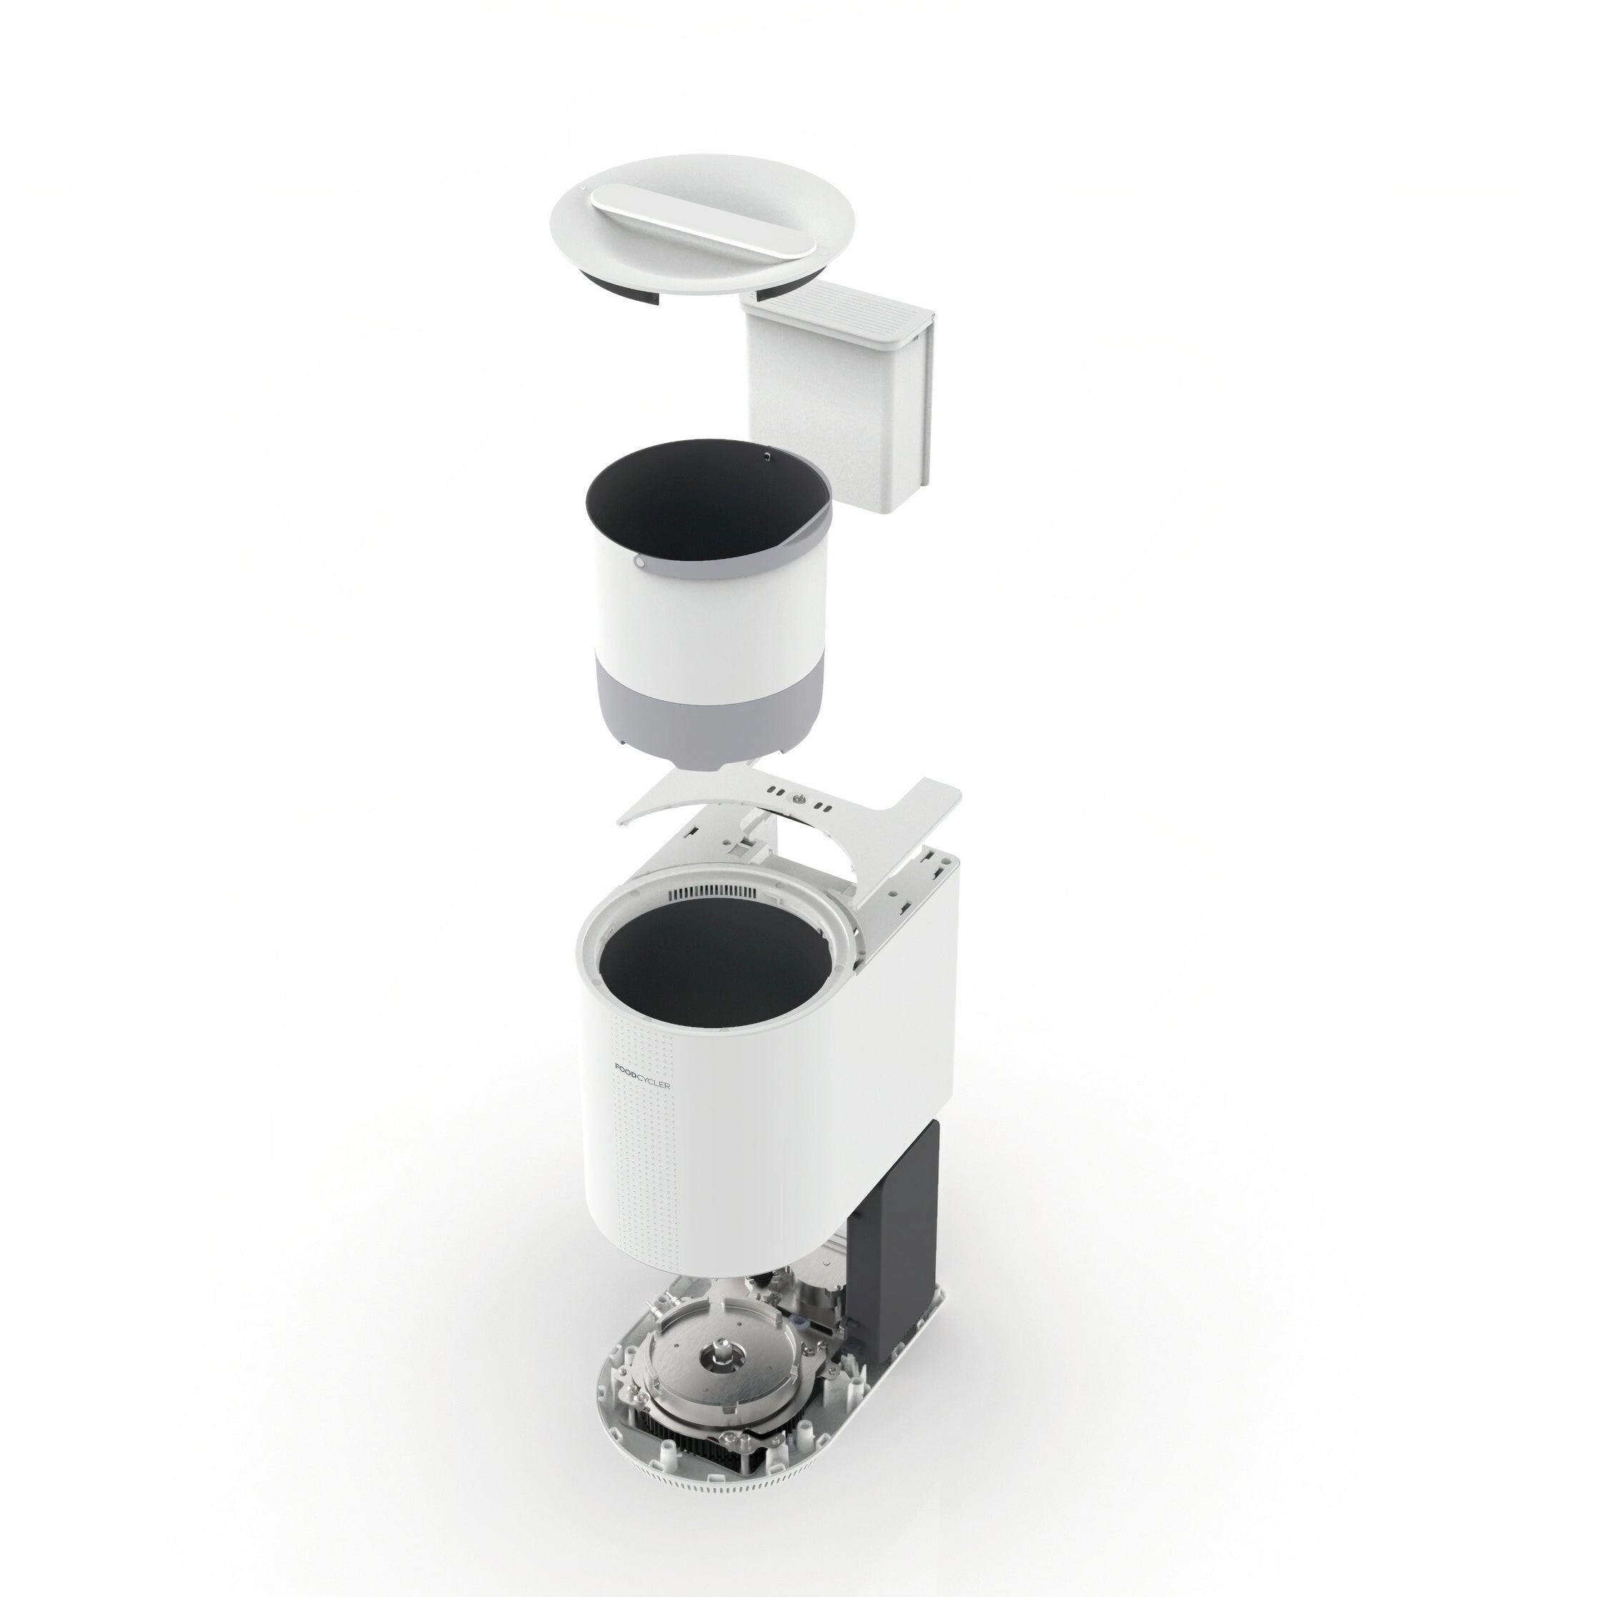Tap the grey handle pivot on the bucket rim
pyautogui.click(x=639, y=562)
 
